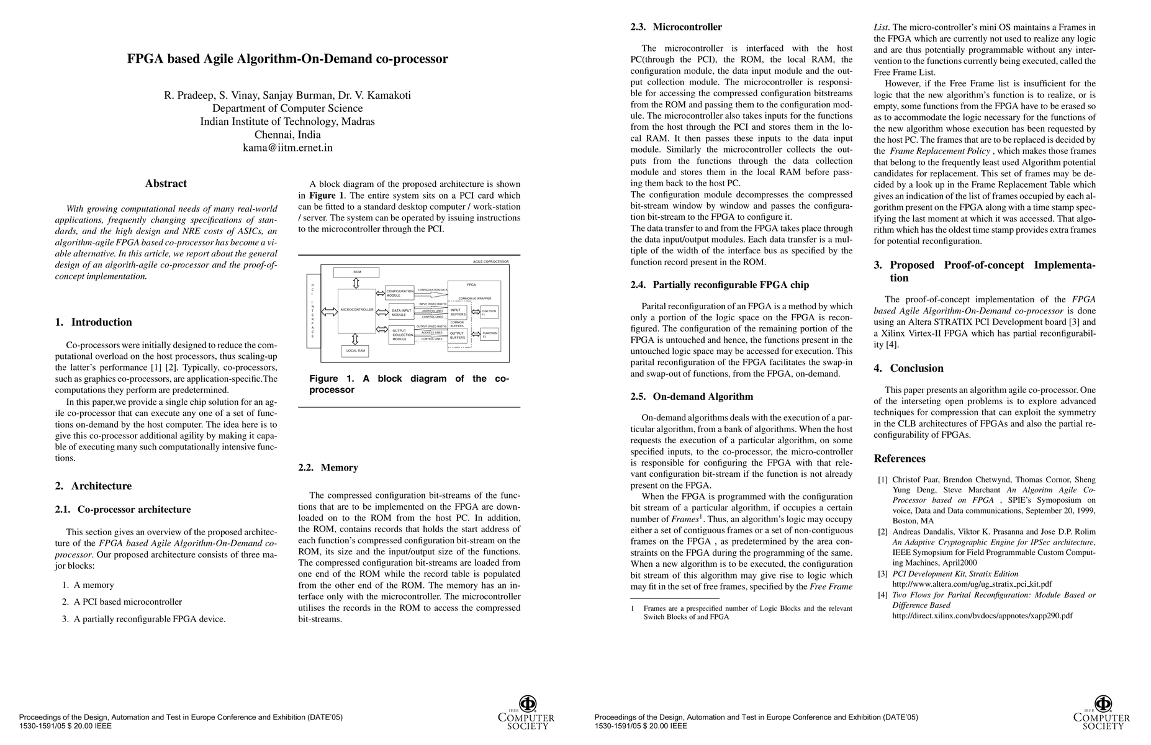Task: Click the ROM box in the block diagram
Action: pos(357,272)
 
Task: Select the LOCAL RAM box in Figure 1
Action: pos(354,351)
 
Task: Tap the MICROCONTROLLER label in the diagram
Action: pos(357,309)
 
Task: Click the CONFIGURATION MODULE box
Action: pos(399,293)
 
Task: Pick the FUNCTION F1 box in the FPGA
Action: pos(489,312)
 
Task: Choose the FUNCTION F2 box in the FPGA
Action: pos(489,335)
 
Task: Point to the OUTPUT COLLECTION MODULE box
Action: pos(401,335)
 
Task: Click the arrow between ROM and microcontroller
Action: pos(356,283)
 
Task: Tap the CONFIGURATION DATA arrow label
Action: pos(432,290)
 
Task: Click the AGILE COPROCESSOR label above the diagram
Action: pos(490,262)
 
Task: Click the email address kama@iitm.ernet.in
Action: pos(287,148)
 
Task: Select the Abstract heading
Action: pos(166,183)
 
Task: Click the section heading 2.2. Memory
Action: pos(328,467)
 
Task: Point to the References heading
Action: pos(900,459)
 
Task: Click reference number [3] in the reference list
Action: pos(882,574)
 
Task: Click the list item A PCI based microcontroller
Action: pos(128,602)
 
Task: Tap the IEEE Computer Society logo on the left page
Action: pos(526,712)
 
